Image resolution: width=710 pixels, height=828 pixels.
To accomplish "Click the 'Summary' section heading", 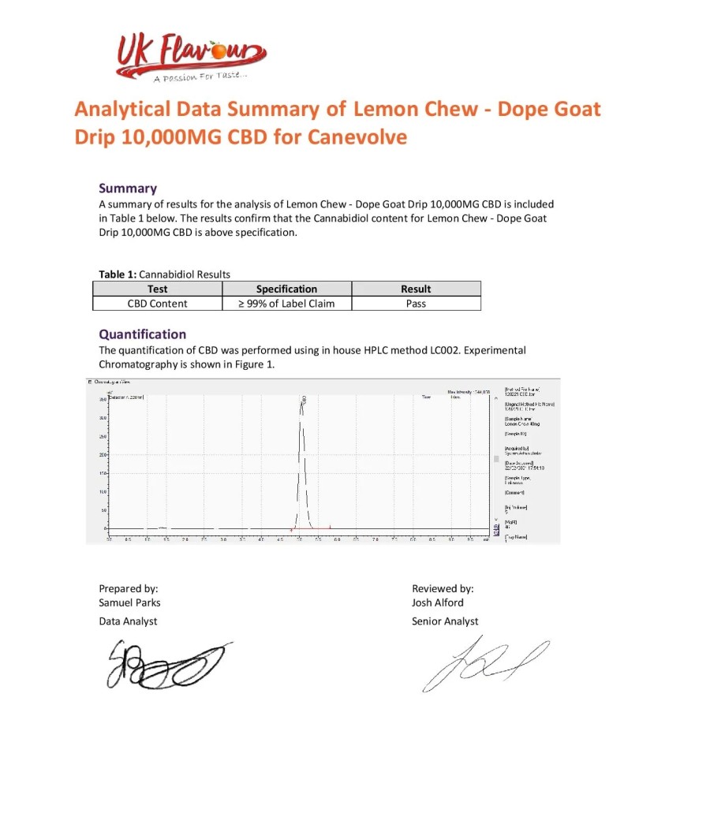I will tap(127, 188).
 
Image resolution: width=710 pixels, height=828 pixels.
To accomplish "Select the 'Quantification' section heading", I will tap(142, 334).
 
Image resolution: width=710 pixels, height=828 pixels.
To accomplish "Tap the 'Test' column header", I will tap(157, 289).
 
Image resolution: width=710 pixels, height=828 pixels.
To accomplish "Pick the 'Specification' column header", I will tap(286, 289).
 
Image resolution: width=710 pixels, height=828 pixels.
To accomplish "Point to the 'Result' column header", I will tap(416, 289).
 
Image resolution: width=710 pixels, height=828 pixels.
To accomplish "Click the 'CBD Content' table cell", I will tap(157, 303).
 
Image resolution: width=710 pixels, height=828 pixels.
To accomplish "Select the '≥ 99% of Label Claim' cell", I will tap(286, 303).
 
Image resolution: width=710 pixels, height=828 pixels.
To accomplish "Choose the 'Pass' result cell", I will tap(416, 303).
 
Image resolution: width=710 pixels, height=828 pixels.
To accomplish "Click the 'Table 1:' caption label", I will tap(118, 274).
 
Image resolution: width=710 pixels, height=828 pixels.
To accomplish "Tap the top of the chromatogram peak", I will tap(301, 401).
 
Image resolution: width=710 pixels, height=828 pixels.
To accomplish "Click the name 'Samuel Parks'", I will tap(129, 602).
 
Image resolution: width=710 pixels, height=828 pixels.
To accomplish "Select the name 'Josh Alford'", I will tap(438, 602).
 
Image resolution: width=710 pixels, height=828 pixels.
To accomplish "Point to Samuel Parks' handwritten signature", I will tap(162, 661).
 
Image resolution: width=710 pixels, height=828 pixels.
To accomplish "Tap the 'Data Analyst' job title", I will tap(128, 621).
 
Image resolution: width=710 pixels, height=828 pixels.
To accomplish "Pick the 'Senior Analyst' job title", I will tap(445, 621).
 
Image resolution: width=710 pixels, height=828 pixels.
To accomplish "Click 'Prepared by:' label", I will tap(129, 588).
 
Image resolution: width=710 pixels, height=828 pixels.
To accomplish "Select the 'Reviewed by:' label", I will tap(443, 588).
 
